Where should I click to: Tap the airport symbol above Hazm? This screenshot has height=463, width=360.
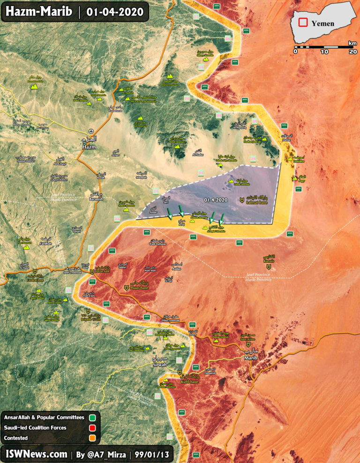pos(90,131)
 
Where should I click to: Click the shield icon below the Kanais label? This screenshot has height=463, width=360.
pos(269,267)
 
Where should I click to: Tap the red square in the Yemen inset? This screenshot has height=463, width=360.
pos(304,22)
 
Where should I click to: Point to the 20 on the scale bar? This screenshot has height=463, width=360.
pos(352,52)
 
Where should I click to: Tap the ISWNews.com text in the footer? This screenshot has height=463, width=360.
pos(37,454)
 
